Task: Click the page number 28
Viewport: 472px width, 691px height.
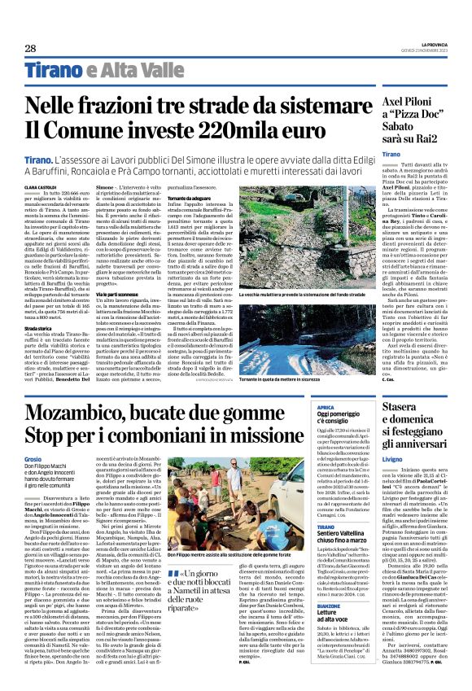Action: coord(29,48)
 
